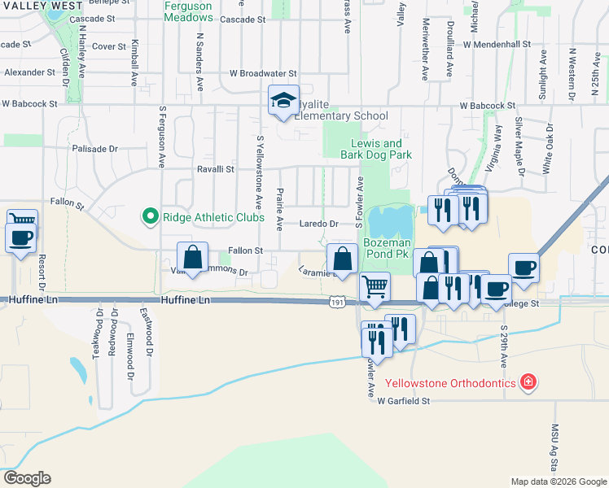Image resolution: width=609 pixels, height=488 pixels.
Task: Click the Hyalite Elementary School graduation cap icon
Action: (284, 100)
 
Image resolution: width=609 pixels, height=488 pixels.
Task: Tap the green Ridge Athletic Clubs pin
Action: (150, 216)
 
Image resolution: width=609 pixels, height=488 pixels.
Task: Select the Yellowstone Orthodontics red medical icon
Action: (528, 381)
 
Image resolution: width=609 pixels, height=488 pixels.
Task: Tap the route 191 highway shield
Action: (336, 303)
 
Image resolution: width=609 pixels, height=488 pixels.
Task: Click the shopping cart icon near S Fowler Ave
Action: (375, 286)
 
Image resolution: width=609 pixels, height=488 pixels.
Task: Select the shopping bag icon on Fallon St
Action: (192, 258)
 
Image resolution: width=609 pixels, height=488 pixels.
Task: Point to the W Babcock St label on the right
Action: (487, 105)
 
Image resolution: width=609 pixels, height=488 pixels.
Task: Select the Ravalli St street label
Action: (215, 169)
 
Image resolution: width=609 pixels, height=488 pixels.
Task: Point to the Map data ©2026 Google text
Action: (558, 481)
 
